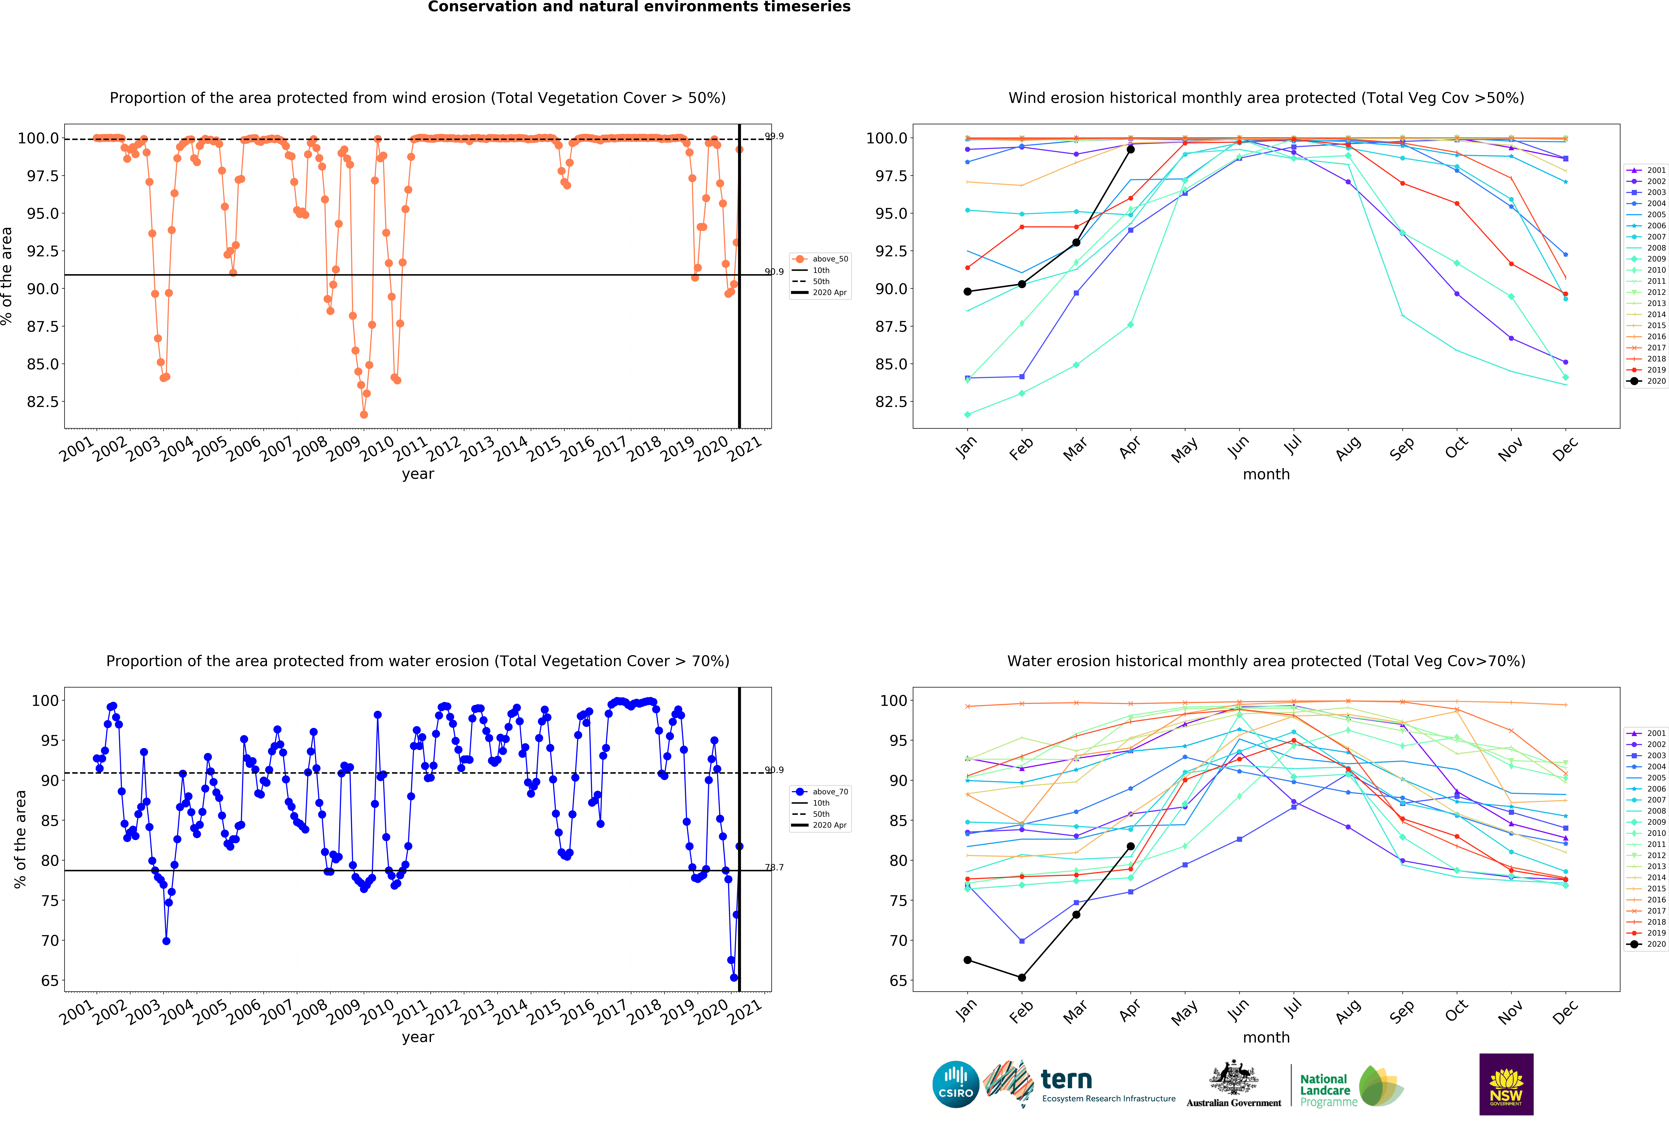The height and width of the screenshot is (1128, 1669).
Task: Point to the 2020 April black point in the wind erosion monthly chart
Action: pos(1130,149)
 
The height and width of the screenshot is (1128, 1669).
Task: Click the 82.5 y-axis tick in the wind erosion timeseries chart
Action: pos(43,401)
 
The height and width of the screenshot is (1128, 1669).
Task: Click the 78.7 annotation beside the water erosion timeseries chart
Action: pos(774,867)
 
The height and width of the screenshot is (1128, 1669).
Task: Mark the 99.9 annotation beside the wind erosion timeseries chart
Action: pos(774,136)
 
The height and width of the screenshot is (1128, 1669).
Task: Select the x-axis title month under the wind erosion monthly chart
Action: pos(1266,475)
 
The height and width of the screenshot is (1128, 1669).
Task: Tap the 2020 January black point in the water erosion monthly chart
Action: pos(967,960)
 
